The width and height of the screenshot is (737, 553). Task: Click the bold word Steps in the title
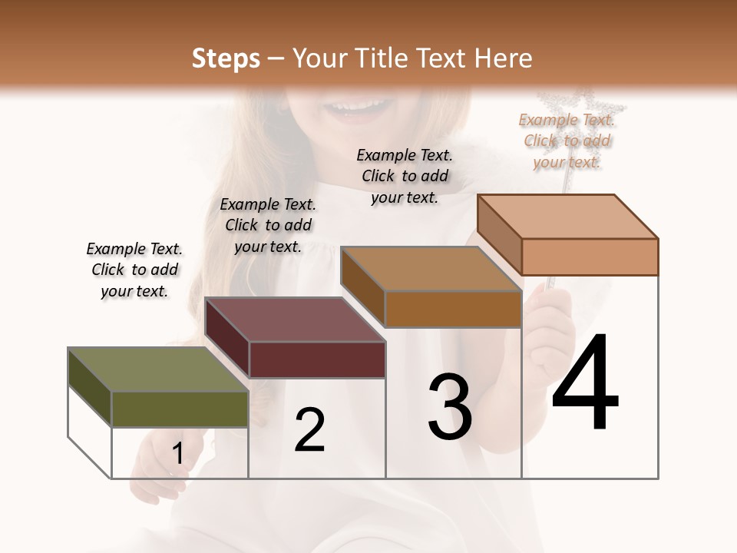tap(226, 58)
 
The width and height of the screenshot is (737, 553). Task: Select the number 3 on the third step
tap(450, 407)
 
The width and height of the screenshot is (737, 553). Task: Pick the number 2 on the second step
tap(309, 430)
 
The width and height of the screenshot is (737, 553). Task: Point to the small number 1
tap(178, 454)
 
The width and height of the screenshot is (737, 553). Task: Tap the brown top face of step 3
tap(430, 269)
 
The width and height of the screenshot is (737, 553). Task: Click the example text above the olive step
tap(134, 270)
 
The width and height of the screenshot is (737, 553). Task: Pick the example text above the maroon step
tap(268, 225)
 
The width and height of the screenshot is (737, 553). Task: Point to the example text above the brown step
tap(405, 176)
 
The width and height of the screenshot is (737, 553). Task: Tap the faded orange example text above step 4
tap(567, 141)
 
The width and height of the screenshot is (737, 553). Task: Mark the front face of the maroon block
tap(317, 359)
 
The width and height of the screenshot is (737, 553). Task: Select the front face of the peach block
tap(590, 257)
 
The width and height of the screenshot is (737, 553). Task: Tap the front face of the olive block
tap(180, 409)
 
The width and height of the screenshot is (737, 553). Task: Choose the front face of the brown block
tap(453, 309)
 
